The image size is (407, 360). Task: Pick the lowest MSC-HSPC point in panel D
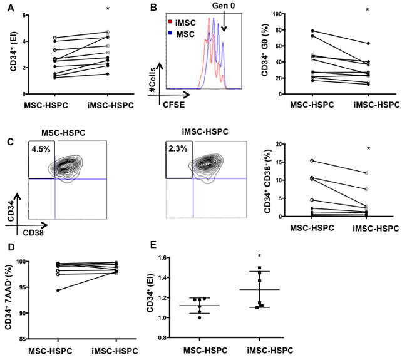tap(41, 291)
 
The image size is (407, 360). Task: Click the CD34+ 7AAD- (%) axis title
tap(10, 292)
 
